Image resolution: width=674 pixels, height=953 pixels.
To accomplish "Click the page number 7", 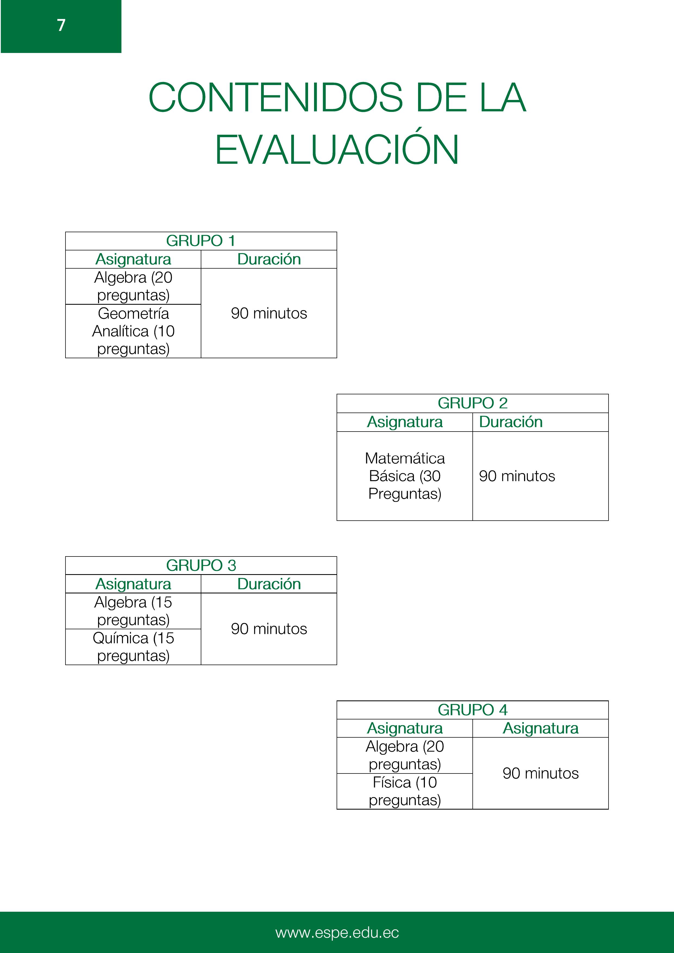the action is [x=61, y=25].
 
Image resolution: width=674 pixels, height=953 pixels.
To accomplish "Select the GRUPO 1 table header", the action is [x=201, y=241].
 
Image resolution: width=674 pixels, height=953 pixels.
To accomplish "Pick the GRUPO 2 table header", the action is [x=473, y=403].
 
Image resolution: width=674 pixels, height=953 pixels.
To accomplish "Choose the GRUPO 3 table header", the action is [x=201, y=565].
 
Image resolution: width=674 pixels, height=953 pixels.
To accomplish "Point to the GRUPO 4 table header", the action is [x=473, y=710].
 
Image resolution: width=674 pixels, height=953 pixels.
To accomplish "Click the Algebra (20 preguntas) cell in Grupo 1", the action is [x=133, y=286].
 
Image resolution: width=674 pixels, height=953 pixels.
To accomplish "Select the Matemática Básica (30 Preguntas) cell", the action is [x=405, y=476].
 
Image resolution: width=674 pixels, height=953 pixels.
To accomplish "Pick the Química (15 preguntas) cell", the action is [x=133, y=647].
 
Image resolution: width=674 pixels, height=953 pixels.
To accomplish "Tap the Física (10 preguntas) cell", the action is [x=405, y=791].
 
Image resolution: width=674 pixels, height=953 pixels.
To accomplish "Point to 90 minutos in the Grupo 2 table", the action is [x=517, y=476].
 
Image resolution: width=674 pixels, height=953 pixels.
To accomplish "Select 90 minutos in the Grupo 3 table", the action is [x=269, y=629].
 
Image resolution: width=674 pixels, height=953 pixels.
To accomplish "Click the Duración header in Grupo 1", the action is [x=269, y=259].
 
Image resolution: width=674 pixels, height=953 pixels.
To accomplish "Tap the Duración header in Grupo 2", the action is [x=511, y=422].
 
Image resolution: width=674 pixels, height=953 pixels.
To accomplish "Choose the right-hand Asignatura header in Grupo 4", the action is [x=541, y=728].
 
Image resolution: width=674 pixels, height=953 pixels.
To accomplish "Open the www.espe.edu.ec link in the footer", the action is [x=337, y=933].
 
